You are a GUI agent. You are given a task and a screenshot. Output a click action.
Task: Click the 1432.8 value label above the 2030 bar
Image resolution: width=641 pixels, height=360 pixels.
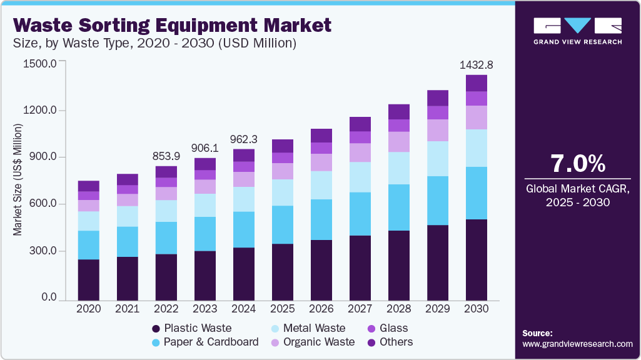point(477,65)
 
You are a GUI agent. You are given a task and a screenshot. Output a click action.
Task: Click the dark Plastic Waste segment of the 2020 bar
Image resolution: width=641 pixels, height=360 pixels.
point(89,279)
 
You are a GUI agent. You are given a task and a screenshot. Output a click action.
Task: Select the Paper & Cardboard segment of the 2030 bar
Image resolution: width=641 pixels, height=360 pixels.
point(477,193)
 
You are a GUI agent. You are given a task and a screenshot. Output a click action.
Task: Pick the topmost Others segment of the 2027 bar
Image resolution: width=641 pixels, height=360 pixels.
point(360,124)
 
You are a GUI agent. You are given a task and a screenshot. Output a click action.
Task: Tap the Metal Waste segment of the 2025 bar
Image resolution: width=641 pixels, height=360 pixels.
point(283,192)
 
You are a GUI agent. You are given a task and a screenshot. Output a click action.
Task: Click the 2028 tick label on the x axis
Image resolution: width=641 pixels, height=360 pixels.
point(399,309)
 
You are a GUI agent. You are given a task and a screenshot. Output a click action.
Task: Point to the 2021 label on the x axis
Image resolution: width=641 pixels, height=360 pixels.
point(128,309)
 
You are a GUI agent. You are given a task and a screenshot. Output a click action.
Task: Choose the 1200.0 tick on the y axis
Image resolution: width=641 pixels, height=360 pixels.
point(40,111)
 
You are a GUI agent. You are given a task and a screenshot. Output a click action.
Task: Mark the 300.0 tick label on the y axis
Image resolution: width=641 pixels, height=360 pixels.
point(40,251)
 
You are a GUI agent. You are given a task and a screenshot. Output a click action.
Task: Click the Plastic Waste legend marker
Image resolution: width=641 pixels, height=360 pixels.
point(155,329)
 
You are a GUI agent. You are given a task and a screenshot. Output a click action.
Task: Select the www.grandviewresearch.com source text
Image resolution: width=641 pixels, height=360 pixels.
point(577,344)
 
